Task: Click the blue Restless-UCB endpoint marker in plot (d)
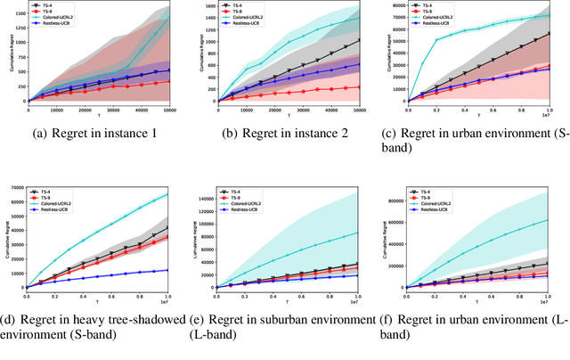point(169,270)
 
